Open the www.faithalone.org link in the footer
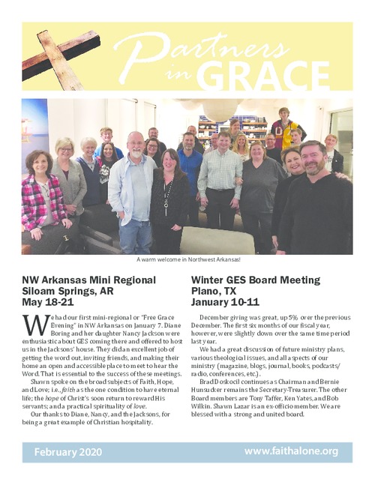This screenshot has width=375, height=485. click(x=291, y=451)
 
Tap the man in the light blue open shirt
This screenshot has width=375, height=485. click(x=133, y=187)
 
